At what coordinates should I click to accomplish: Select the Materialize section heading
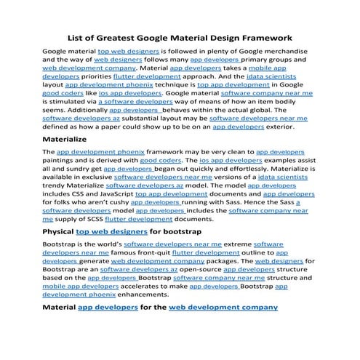[x=70, y=137]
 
